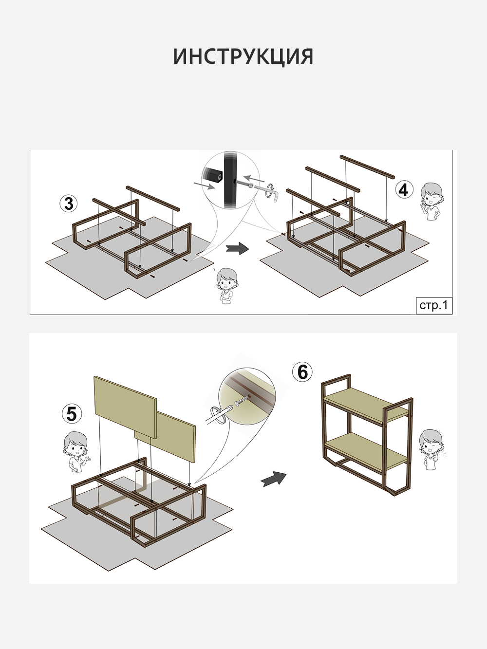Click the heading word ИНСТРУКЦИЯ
coord(243,56)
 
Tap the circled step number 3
coord(69,204)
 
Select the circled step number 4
coord(404,189)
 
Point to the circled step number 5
coord(72,414)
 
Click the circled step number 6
coord(302,372)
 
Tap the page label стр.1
coord(434,305)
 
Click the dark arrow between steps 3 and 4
coord(238,248)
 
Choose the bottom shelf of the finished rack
coord(366,450)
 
